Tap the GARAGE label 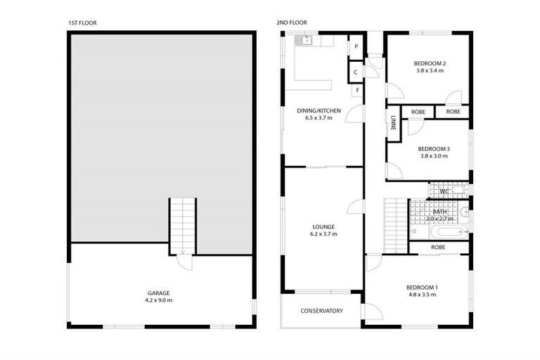158,292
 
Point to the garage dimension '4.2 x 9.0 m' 158,300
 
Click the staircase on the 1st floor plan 182,225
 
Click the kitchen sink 304,41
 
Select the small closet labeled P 356,46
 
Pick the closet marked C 356,72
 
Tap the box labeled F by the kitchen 357,91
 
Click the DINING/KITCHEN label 319,110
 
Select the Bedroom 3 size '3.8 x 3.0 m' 433,156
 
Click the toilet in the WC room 459,191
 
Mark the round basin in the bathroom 463,212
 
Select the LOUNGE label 323,226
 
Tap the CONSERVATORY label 321,311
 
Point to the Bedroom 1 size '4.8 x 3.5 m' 422,295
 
